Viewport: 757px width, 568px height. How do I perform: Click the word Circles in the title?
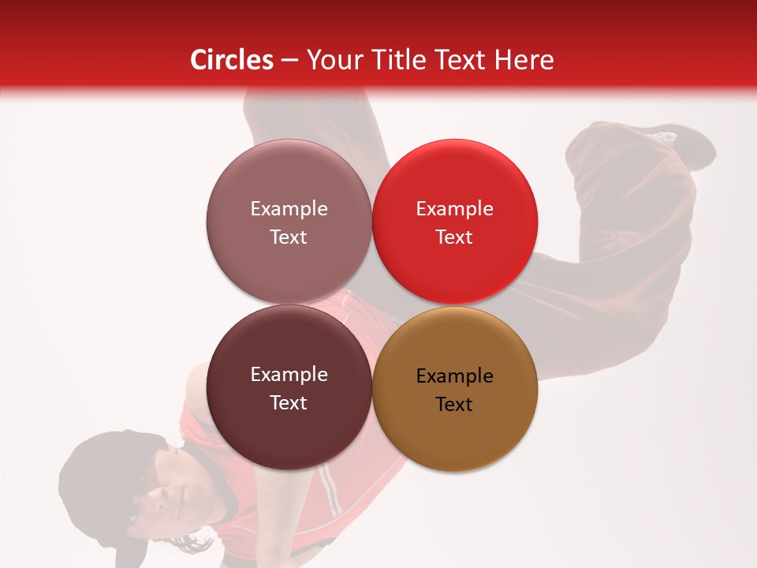coord(231,60)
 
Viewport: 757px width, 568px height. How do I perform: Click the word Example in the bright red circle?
coord(455,209)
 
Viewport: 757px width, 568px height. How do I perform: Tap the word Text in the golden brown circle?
coord(454,405)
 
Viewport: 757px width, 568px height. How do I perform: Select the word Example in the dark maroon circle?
coord(289,375)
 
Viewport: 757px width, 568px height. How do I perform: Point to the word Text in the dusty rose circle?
coord(289,237)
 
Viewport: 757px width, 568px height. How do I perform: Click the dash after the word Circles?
coord(289,60)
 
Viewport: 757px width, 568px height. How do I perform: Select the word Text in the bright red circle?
coord(454,237)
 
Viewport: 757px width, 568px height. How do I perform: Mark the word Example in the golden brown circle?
coord(455,376)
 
